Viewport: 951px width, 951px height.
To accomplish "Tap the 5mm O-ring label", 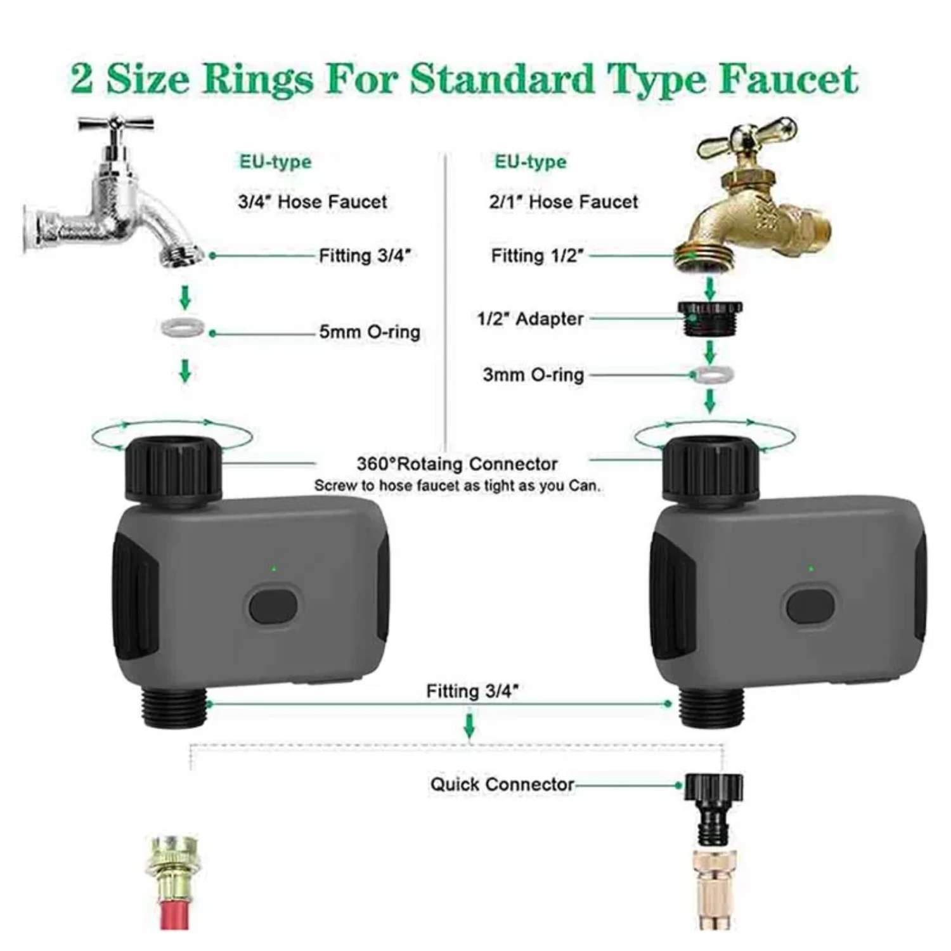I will [369, 332].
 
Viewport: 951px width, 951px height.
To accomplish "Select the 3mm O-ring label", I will [533, 375].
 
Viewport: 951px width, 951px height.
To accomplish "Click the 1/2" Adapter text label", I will [530, 318].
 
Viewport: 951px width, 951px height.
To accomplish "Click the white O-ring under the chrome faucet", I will [183, 328].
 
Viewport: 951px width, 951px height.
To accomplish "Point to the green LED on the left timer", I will [273, 569].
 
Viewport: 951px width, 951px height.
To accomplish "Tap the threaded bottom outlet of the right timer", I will [711, 707].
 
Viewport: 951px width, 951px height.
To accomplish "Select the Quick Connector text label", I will [501, 784].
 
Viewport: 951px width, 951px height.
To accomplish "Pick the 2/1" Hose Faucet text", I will [563, 202].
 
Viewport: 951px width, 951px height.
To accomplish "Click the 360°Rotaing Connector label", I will [456, 464].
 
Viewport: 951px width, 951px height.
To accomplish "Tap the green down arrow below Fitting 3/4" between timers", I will [469, 725].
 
